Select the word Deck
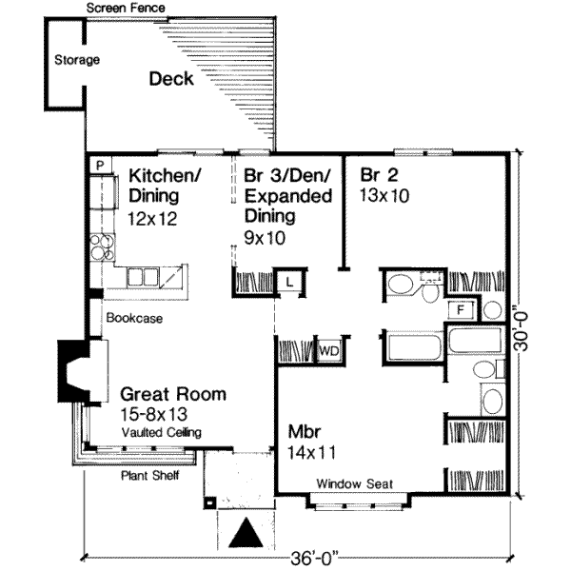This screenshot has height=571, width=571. (x=170, y=79)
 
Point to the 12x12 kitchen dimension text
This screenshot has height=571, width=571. (x=152, y=217)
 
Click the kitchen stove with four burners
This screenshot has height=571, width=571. (x=104, y=248)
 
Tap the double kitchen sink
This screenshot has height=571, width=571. (x=142, y=277)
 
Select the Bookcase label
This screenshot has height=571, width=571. (x=133, y=319)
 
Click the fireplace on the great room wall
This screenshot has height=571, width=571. (x=72, y=368)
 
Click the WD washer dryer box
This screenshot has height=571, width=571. (x=329, y=350)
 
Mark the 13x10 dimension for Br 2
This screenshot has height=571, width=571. (x=384, y=196)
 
